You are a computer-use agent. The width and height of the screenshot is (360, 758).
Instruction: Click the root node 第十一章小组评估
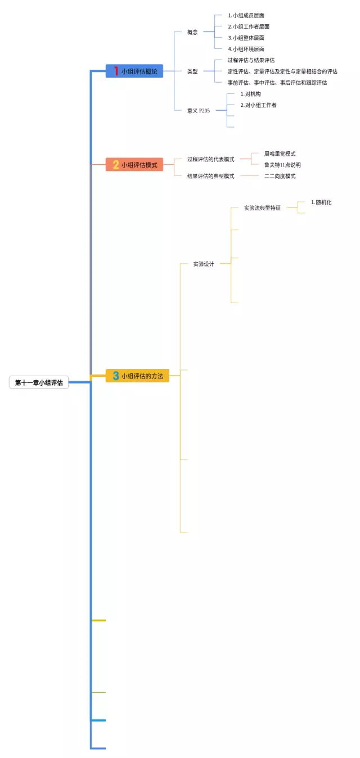coord(39,382)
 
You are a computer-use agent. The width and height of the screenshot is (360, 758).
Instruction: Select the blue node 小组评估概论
coord(134,71)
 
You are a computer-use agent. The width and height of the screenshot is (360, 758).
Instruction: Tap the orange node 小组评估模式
coord(134,165)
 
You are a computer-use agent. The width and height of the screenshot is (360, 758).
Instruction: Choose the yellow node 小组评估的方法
coord(137,376)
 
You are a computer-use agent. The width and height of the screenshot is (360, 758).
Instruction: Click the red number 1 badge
coord(116,71)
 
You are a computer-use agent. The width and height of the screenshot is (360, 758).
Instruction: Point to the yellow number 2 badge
coord(116,165)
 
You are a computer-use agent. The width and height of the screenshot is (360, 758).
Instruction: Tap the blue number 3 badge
coord(116,376)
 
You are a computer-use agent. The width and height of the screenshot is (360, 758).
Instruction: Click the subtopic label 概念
coord(192,32)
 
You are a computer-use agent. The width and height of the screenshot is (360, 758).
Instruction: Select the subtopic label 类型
coord(192,71)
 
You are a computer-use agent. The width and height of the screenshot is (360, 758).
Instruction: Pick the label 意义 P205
coord(199,111)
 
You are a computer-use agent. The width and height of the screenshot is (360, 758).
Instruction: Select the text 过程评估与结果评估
coord(251,60)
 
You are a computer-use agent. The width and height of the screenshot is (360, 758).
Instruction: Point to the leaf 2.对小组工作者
coord(258,105)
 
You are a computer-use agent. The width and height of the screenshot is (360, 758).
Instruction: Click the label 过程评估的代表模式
coord(210,159)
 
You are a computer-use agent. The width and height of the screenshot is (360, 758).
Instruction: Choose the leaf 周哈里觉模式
coord(280,154)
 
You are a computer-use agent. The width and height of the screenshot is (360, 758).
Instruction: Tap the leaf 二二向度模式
coord(280,176)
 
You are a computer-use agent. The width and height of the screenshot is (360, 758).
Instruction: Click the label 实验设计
coord(203,264)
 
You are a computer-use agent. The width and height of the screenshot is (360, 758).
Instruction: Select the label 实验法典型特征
coord(262,207)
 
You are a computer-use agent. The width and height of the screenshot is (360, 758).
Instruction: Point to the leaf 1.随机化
coord(321,202)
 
